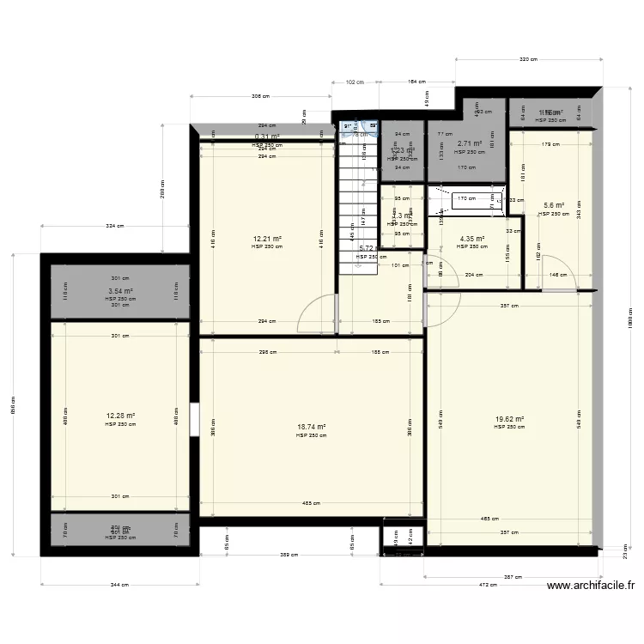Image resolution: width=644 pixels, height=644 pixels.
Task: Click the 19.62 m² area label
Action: coord(509,420)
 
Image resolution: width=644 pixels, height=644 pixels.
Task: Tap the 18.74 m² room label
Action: coord(311,427)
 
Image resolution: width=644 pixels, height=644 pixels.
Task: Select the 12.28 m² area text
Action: coord(120,416)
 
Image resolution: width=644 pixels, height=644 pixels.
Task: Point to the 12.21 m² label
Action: coord(267,239)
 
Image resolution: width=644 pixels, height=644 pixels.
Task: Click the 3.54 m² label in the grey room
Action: coord(120,291)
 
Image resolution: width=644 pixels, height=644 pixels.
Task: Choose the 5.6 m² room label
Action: coord(554,205)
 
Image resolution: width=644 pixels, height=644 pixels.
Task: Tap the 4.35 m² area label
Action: coord(472,239)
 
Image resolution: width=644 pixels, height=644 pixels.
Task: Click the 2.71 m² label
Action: coord(470,144)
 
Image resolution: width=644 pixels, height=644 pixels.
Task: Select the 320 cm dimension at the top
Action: coord(528,59)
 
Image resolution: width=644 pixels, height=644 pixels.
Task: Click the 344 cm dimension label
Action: coord(118,585)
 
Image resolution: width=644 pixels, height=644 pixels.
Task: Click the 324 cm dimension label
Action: coord(114,227)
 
